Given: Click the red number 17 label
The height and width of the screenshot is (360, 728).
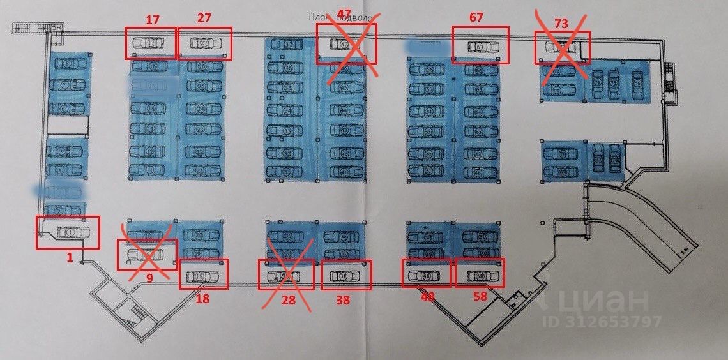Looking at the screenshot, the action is click(x=153, y=20).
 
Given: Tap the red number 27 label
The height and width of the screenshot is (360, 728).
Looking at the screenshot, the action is click(x=204, y=18).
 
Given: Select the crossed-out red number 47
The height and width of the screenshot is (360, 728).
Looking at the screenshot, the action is click(x=344, y=14).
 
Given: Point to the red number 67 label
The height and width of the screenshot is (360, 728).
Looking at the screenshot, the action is click(x=476, y=18).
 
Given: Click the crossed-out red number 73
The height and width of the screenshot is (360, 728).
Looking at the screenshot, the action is click(x=561, y=24).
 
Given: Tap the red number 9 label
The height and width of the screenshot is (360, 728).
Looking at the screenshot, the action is click(x=149, y=278).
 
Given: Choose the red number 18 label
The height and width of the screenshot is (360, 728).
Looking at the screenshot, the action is click(x=202, y=297).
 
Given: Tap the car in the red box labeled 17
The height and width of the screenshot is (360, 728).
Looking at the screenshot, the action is click(x=148, y=43).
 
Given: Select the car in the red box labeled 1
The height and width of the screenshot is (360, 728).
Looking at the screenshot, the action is click(x=70, y=232).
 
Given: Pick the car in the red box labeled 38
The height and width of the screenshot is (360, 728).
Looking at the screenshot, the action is click(x=345, y=276).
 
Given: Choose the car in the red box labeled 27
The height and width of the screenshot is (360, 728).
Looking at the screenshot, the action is click(x=206, y=43).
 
